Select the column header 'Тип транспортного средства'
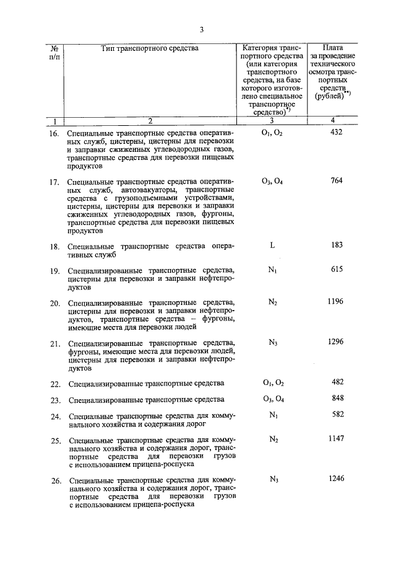[149, 48]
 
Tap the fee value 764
[336, 181]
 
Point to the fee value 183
[337, 245]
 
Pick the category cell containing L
[272, 245]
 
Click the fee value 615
[336, 270]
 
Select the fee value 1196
[335, 302]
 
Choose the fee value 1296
[335, 342]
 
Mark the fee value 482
[336, 382]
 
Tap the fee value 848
[336, 399]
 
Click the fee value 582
[336, 415]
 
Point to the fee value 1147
[335, 439]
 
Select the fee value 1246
[335, 479]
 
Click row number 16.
[54, 134]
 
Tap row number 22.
[54, 384]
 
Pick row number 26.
[54, 480]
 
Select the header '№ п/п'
[54, 52]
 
